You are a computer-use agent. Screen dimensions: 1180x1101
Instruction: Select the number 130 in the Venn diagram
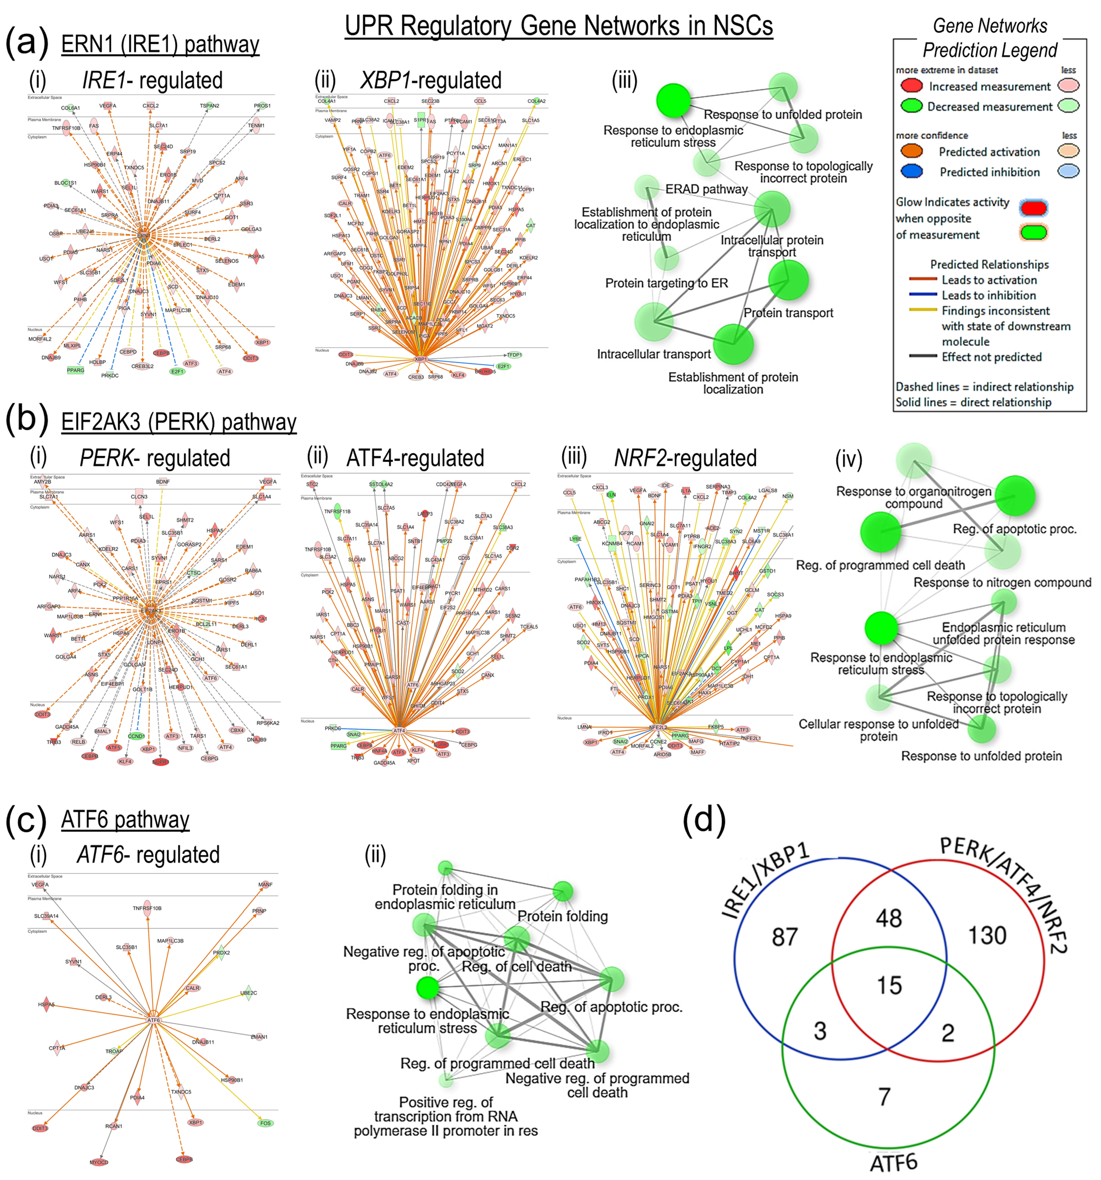tap(987, 935)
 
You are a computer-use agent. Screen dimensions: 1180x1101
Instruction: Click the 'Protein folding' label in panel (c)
tap(562, 917)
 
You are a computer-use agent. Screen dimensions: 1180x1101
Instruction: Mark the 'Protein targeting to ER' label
tap(666, 283)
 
